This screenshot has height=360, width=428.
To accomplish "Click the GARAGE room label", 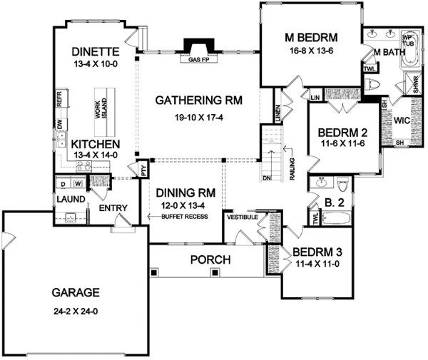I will tap(75, 292).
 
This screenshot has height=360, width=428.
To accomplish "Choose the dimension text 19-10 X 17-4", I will tap(198, 117).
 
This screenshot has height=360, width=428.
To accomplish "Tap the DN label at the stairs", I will tap(267, 178).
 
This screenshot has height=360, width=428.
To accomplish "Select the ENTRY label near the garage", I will tap(113, 207).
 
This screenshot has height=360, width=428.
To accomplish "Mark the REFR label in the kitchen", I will tap(59, 96).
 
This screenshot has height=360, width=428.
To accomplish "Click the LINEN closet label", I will tap(277, 112).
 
